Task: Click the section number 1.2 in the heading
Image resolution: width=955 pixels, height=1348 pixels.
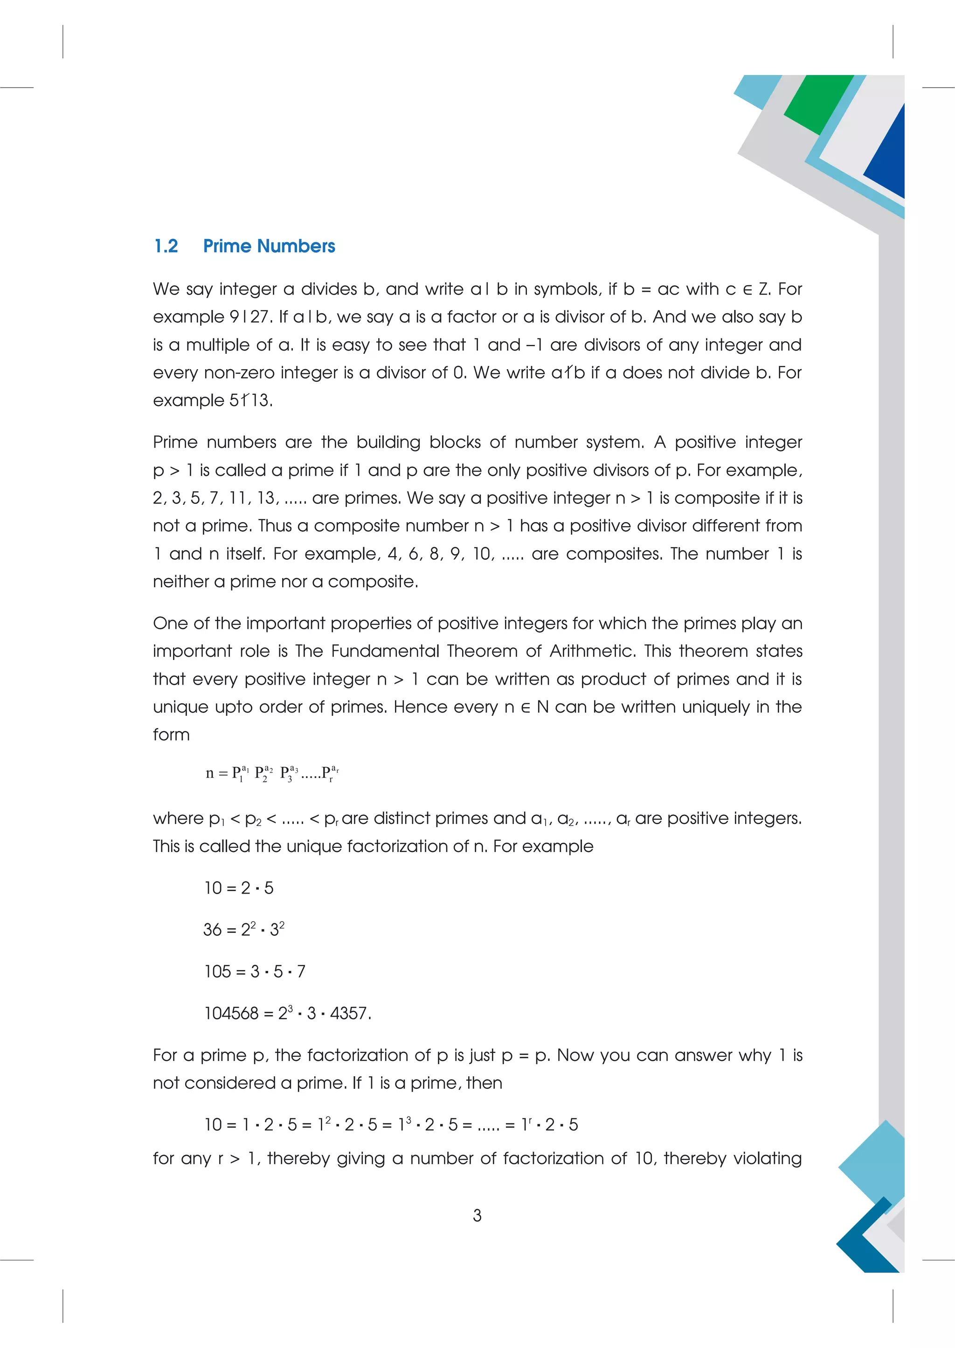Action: click(x=166, y=246)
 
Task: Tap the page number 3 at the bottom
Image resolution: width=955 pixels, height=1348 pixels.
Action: click(x=477, y=1215)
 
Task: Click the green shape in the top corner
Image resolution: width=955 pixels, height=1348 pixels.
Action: click(x=817, y=103)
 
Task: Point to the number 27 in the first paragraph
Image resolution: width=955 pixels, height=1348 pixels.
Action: click(x=260, y=317)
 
